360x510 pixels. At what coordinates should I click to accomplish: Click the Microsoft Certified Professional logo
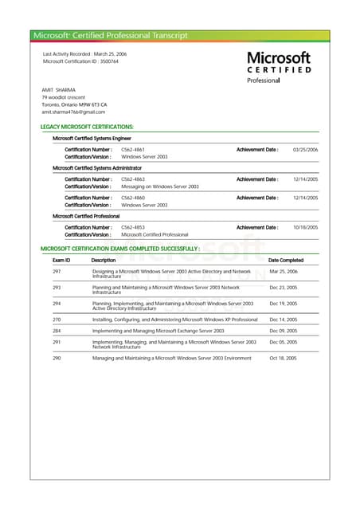pos(278,67)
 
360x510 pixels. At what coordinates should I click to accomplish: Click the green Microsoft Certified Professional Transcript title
pos(110,35)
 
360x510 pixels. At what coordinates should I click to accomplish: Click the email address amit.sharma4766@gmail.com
pos(73,112)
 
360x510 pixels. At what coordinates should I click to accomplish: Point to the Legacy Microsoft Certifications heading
pos(87,127)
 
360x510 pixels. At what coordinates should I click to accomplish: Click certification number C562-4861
pos(133,150)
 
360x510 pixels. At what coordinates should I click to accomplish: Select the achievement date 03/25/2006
pos(305,150)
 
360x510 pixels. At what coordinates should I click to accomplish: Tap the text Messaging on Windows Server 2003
pos(159,186)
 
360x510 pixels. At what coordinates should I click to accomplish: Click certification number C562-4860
pos(133,198)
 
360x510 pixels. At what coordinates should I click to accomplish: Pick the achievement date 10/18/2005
pos(305,227)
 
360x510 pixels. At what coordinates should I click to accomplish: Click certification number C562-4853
pos(133,227)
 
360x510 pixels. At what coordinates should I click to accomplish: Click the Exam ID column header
pos(61,260)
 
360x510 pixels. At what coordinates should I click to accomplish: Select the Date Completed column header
pos(285,260)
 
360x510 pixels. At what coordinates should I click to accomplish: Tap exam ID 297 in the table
pos(57,272)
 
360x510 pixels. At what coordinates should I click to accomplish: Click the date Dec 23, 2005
pos(283,287)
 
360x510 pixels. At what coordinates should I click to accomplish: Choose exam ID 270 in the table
pos(57,319)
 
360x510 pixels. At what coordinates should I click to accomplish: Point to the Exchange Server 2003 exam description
pos(158,331)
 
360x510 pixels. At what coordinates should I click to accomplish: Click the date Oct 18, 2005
pos(283,358)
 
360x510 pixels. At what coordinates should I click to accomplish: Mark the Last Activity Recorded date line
pos(84,53)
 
